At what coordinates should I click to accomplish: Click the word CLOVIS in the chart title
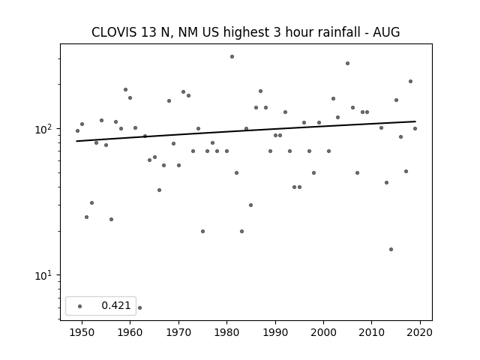[114, 32]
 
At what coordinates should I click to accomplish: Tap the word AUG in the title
[386, 32]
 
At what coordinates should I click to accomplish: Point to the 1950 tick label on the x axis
[82, 332]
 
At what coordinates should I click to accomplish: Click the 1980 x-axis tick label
[226, 332]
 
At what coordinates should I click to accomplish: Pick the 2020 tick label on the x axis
[420, 332]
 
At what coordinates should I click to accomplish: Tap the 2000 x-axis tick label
[323, 332]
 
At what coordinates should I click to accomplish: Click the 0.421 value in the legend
[116, 305]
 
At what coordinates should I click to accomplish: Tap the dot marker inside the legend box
[80, 306]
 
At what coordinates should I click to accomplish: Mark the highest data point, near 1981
[232, 57]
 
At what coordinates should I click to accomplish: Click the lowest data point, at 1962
[140, 307]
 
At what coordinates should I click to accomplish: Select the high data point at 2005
[347, 63]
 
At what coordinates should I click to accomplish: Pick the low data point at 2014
[391, 249]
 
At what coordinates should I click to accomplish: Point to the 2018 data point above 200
[410, 82]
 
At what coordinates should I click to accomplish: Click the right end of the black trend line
[415, 121]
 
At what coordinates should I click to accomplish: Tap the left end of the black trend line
[76, 141]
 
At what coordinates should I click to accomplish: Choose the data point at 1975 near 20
[202, 232]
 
